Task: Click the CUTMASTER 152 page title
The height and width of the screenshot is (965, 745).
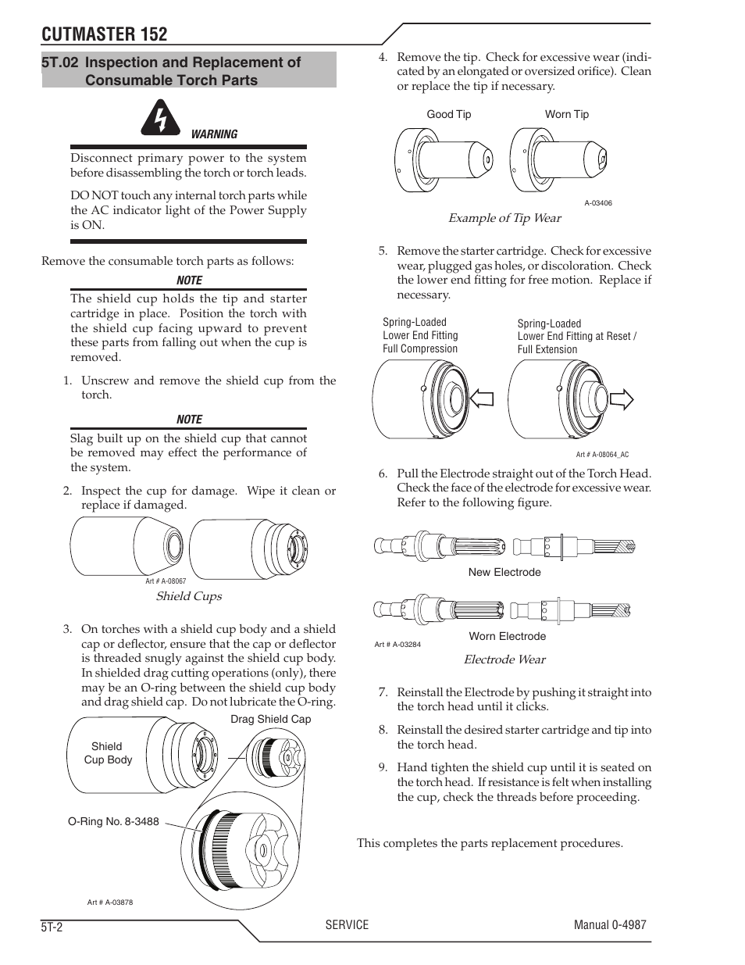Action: pos(105,34)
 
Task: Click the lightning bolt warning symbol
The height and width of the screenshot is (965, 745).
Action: pos(161,118)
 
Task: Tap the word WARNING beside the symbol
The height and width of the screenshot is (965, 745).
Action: pos(214,134)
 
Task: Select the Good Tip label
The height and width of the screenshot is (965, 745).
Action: pos(448,114)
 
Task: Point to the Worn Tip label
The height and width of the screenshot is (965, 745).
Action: pos(566,114)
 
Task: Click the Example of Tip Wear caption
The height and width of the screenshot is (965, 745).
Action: pos(504,218)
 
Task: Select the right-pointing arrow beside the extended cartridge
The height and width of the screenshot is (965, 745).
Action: pos(622,399)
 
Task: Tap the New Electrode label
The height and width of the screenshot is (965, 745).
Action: pos(504,572)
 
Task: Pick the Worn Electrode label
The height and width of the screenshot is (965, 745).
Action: pos(507,636)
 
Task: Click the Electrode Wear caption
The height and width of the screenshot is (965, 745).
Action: pos(504,659)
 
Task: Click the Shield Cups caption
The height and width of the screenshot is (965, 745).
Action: pos(188,596)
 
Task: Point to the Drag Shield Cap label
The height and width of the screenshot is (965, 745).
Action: pos(270,719)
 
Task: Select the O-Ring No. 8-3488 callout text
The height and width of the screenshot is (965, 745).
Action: pos(113,821)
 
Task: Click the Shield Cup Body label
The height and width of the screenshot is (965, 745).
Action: pos(108,753)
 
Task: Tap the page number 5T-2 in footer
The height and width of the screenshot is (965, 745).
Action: pos(55,927)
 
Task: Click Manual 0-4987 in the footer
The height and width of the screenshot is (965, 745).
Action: pos(609,924)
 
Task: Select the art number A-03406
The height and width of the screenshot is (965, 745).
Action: pos(597,203)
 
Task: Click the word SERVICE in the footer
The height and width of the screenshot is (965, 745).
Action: pos(347,924)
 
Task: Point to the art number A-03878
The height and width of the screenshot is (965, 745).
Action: pos(110,902)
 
